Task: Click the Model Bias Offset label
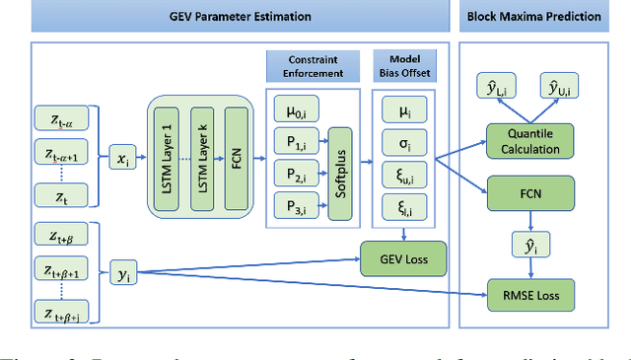click(404, 66)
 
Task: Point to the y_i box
click(125, 272)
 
